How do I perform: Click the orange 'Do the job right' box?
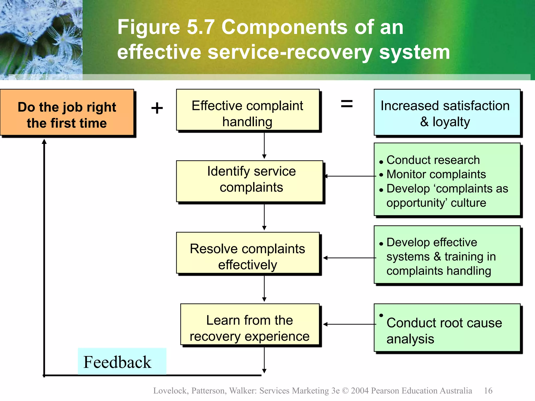(67, 113)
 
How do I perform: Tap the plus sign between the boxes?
(157, 108)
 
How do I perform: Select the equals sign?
(347, 104)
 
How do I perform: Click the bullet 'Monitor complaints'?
(436, 174)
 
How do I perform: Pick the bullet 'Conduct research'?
(433, 160)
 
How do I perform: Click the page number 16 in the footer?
(488, 391)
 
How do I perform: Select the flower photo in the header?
(41, 39)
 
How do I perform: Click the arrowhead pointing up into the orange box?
(44, 142)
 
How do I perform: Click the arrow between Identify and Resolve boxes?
(264, 217)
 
